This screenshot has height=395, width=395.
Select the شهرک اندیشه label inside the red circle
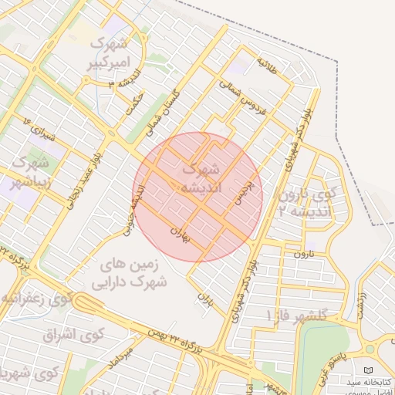point(200,177)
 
